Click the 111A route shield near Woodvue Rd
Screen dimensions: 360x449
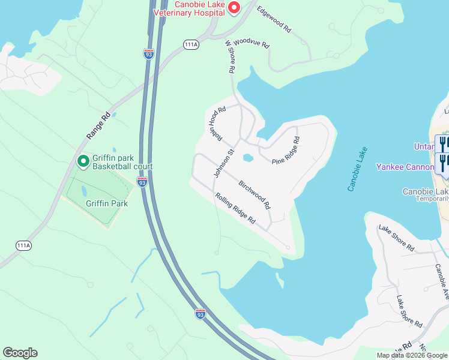tap(191, 45)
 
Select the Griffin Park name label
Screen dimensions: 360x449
tap(107, 203)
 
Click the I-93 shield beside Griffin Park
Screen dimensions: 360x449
tap(142, 181)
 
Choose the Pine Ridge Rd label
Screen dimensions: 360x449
tap(286, 150)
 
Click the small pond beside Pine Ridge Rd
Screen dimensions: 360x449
tap(247, 158)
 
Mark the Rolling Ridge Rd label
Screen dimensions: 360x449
tap(235, 209)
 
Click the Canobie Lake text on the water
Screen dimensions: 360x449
tap(356, 169)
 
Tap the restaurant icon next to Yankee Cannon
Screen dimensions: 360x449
tap(442, 163)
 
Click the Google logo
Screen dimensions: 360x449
tap(20, 353)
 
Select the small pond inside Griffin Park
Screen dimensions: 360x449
tap(83, 191)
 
